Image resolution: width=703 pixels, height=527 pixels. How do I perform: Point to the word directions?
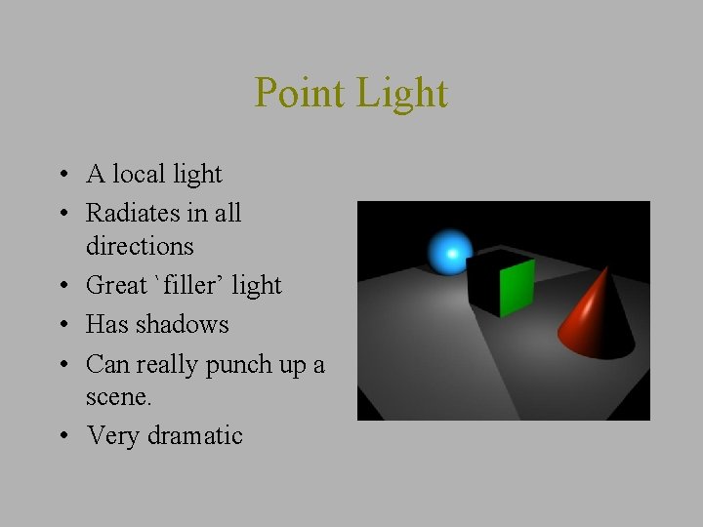140,245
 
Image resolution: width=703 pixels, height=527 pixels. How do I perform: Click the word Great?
114,285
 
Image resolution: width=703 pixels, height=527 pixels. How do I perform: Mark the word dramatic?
195,435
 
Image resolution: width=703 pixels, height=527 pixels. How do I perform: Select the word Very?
113,435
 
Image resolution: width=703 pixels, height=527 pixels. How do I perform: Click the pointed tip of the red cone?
614,271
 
